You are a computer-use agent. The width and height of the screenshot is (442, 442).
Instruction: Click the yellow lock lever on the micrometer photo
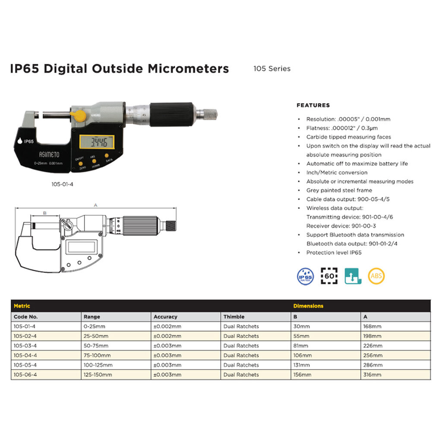[x=79, y=115]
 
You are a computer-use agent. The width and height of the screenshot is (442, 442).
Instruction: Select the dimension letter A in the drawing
[x=95, y=206]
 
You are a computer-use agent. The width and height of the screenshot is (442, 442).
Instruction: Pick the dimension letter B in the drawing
[x=44, y=213]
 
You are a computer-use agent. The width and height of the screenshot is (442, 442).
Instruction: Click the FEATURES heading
[x=313, y=105]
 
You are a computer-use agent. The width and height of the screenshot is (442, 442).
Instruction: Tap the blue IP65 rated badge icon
[x=306, y=275]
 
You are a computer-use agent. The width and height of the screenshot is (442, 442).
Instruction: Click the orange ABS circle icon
[x=376, y=275]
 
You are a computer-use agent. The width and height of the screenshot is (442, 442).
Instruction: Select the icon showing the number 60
[x=329, y=275]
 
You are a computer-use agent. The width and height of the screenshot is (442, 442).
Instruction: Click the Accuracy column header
[x=165, y=317]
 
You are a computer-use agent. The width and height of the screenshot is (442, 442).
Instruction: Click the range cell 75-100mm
[x=97, y=355]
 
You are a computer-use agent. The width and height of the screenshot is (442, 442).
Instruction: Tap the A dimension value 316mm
[x=373, y=375]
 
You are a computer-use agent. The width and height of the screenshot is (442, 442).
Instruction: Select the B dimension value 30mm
[x=301, y=326]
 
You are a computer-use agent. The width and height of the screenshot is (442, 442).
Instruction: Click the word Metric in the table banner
[x=22, y=306]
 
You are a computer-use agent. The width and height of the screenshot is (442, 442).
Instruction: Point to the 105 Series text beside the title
[x=272, y=69]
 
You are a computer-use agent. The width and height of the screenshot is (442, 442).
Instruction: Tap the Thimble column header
[x=234, y=317]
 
